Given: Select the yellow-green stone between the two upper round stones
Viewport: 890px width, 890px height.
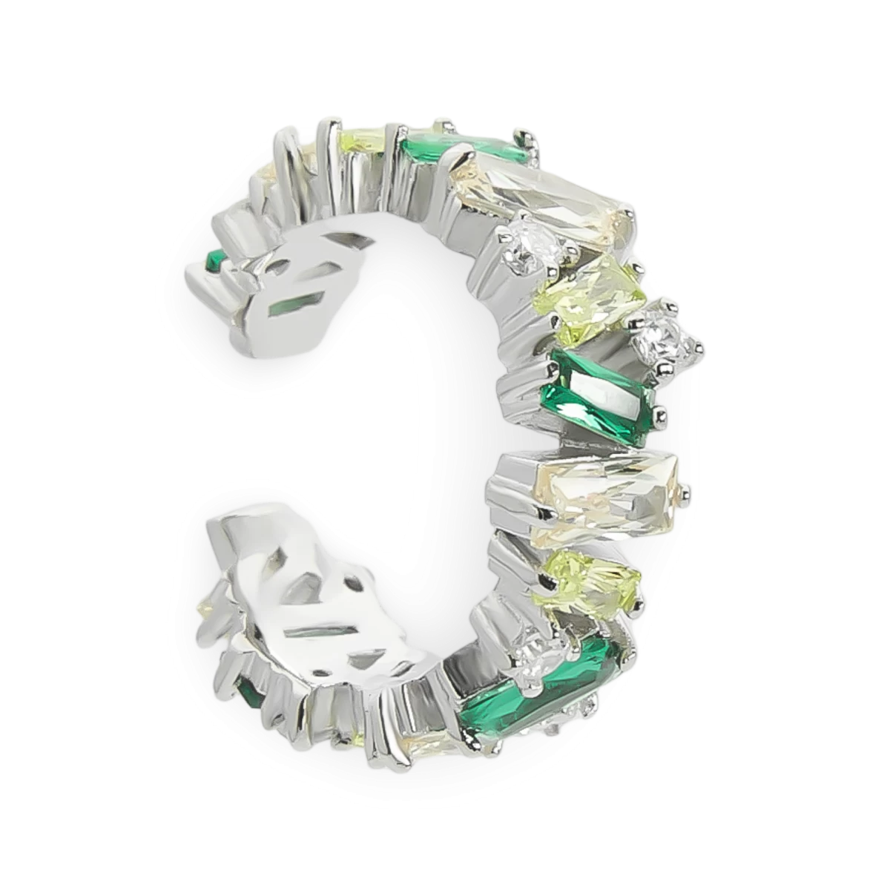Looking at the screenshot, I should (x=586, y=295).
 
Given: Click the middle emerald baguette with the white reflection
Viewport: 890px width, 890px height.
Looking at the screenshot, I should (x=601, y=395).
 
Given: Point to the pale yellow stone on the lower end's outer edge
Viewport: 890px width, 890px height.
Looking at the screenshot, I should (x=204, y=612).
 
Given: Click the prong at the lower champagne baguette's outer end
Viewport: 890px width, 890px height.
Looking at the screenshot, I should (x=688, y=489).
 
